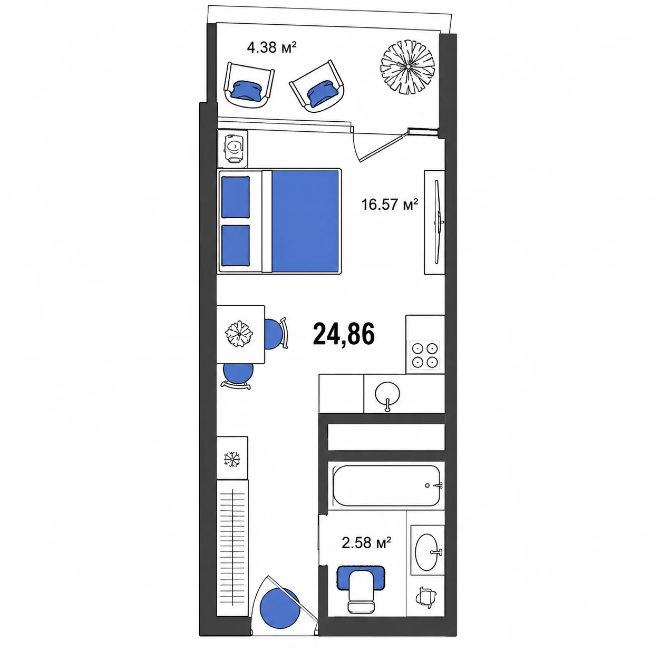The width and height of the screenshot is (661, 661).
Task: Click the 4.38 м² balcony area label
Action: coord(271,47)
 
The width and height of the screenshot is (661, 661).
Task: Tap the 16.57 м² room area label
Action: coord(390,205)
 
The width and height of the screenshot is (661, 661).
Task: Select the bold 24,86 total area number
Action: coord(344,334)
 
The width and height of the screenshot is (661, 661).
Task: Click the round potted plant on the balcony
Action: coord(407,67)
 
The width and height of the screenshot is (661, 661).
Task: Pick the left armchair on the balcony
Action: coord(249,85)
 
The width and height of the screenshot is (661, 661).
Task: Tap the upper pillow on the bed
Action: coord(235,197)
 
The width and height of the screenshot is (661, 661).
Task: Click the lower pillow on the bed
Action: coord(235,246)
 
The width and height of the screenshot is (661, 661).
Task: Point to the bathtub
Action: coord(386,485)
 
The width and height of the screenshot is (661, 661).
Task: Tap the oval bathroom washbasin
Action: coord(427,552)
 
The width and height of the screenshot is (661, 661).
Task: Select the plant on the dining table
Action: coord(239,334)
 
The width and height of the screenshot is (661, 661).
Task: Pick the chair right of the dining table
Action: coord(276,334)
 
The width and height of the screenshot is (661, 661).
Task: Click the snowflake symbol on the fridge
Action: coord(232,459)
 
